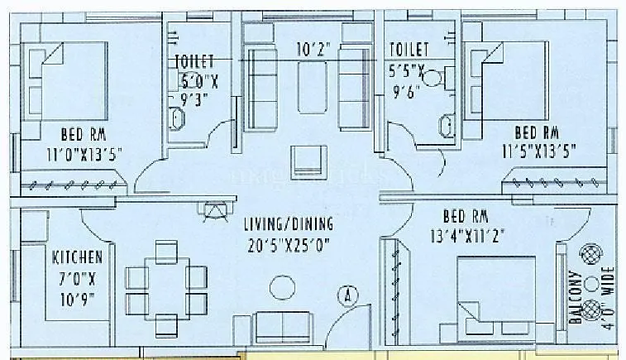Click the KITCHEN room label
click(x=77, y=257)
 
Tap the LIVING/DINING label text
click(x=288, y=224)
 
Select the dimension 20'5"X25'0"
click(x=288, y=245)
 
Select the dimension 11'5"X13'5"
click(x=537, y=151)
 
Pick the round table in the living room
click(x=282, y=287)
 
